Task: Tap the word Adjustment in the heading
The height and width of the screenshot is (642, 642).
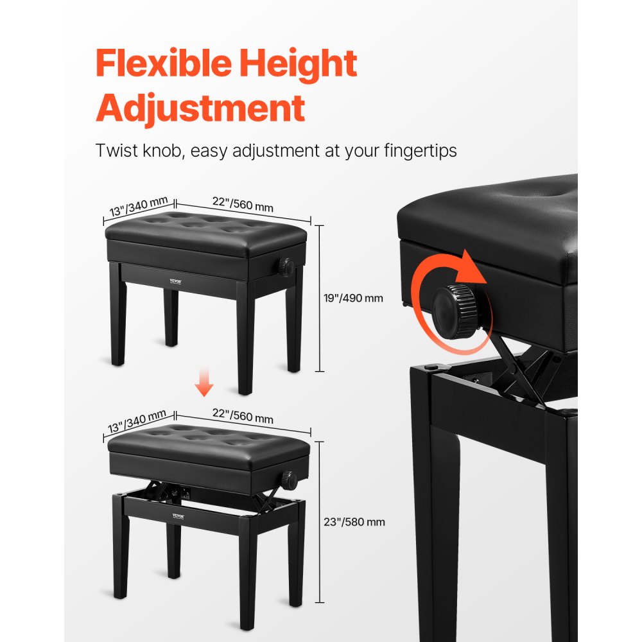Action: click(200, 108)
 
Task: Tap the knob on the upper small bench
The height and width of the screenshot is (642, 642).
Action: click(283, 265)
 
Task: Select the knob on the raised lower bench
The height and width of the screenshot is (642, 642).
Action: click(288, 479)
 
